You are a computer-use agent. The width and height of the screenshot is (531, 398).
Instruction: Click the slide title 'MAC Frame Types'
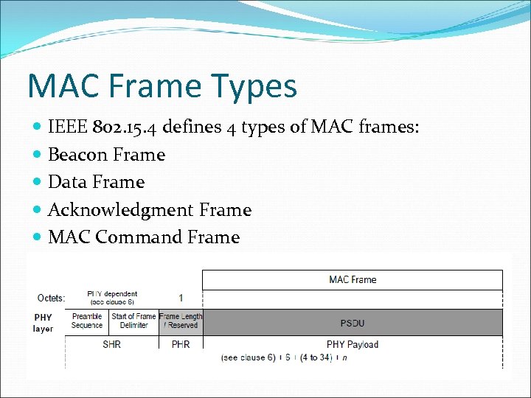162,85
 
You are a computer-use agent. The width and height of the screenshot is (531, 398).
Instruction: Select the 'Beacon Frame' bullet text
106,155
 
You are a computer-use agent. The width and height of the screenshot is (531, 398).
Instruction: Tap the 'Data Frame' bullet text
96,182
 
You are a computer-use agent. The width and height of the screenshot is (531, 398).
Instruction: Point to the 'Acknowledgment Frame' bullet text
150,210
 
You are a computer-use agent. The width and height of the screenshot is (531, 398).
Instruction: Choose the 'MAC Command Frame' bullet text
144,237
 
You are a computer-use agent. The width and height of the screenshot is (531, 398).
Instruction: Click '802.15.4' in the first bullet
125,128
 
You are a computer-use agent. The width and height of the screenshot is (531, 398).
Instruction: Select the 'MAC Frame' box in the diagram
353,279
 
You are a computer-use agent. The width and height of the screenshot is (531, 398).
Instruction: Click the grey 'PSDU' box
353,323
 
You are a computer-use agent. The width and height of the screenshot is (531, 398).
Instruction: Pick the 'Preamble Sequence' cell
87,321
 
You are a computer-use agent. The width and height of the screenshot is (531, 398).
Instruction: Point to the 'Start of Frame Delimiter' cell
133,321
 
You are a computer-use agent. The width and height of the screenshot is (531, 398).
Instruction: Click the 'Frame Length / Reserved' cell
181,321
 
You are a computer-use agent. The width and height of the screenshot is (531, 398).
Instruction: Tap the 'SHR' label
111,344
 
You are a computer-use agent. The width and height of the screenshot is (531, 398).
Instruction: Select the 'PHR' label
181,344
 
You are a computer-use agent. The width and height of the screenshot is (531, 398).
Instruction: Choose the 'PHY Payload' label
353,344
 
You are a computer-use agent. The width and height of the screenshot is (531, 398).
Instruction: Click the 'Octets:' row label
51,298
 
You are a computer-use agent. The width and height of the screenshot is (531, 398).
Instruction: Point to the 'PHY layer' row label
43,323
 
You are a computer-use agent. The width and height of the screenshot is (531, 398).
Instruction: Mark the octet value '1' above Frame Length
181,298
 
